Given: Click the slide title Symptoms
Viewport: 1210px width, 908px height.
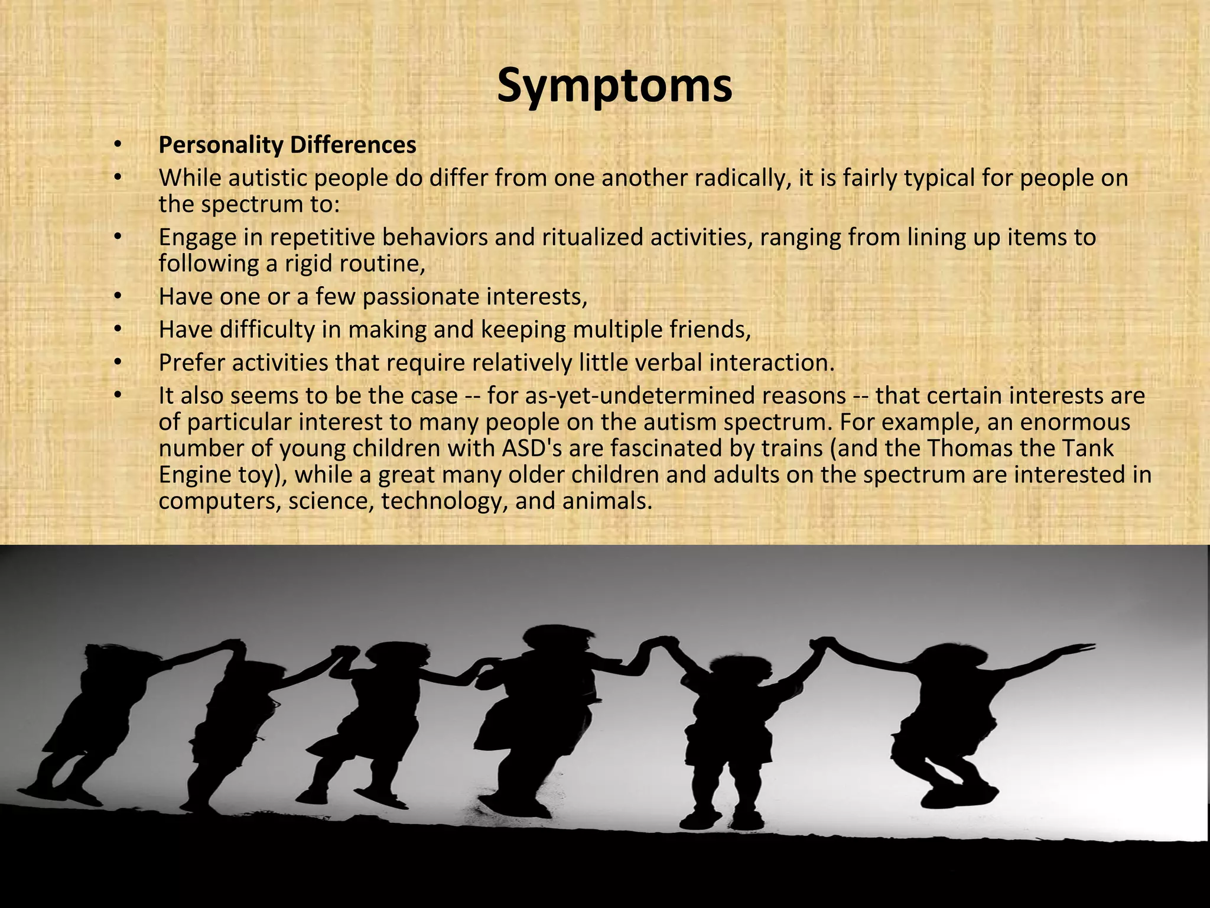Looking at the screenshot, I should [614, 86].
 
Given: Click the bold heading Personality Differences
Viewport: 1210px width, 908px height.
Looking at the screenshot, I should [287, 145].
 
